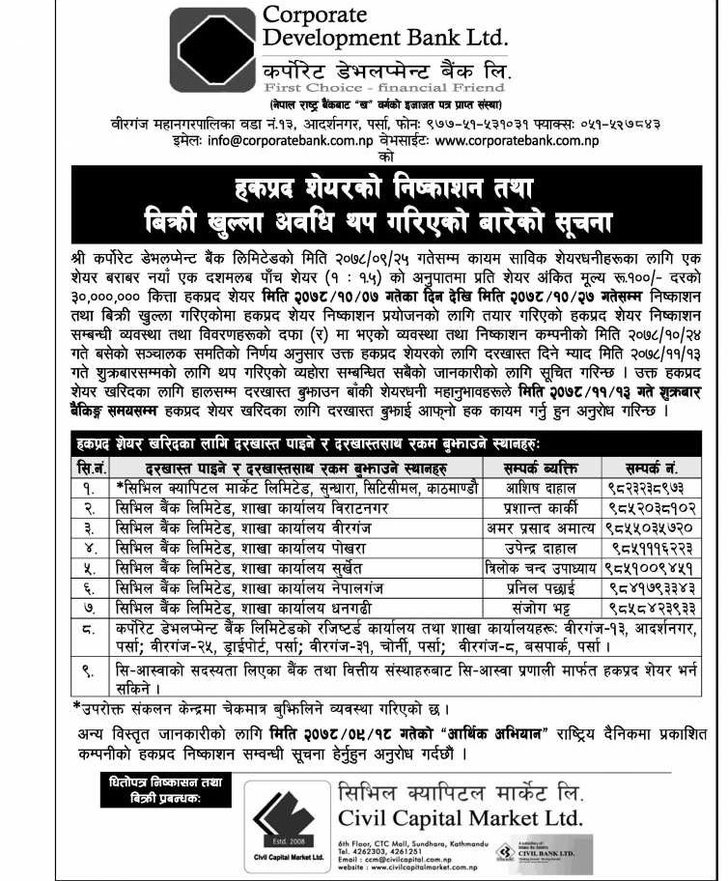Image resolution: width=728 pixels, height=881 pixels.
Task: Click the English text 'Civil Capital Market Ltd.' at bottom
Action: pos(462,818)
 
